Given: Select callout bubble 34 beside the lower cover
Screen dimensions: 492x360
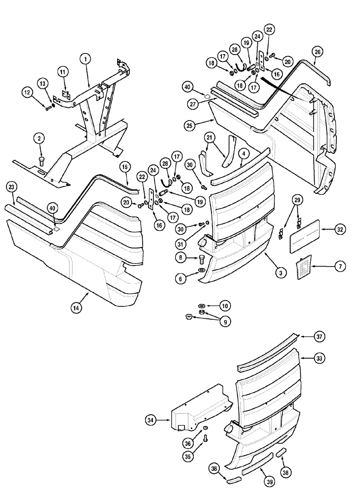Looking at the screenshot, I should point(151,420).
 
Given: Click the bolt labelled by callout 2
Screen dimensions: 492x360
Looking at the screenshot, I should point(41,160).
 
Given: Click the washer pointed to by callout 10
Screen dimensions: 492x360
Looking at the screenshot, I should point(202,306).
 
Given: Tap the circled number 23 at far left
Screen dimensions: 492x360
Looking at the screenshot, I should point(12,186).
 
